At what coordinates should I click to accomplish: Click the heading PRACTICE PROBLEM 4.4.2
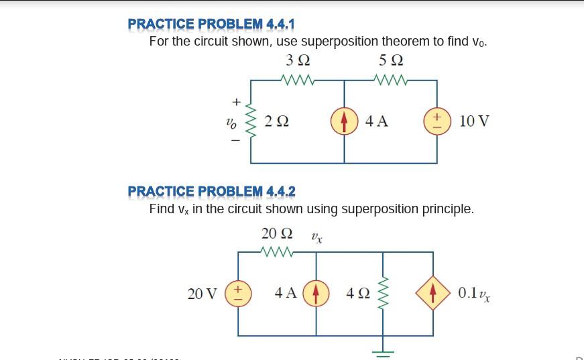coord(211,191)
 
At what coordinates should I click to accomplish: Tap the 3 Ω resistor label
coord(298,60)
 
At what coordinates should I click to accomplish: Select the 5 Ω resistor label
coord(391,60)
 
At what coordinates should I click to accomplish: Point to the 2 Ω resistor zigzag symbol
coord(251,122)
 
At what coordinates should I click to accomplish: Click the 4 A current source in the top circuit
coord(345,121)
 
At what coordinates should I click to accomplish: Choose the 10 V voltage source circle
coord(436,121)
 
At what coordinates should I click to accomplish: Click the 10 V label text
coord(475,121)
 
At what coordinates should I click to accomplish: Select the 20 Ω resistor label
coord(277,233)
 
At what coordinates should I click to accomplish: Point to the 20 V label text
coord(202,293)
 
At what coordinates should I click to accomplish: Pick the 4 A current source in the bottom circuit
coord(316,293)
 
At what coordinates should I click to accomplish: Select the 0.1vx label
coord(473,293)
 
